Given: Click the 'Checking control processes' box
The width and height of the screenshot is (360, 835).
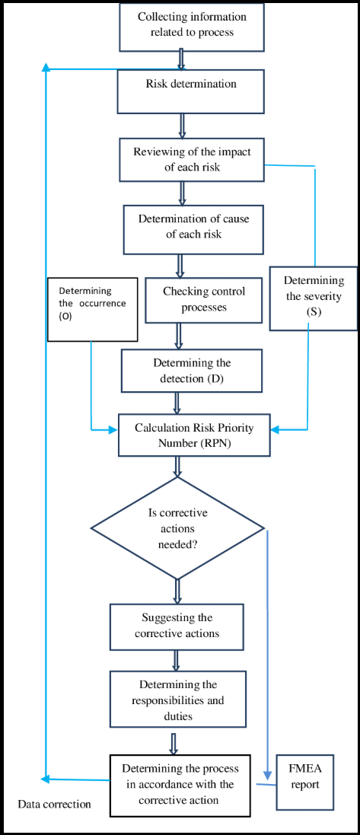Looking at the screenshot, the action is tap(203, 300).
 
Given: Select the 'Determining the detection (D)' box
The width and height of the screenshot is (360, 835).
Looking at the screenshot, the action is tap(192, 370).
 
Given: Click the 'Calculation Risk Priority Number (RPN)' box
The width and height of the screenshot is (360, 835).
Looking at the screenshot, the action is tap(192, 435).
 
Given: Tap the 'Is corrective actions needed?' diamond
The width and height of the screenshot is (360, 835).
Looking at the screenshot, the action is tap(177, 528).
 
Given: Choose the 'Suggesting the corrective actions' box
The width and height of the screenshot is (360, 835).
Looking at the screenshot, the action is tap(177, 626).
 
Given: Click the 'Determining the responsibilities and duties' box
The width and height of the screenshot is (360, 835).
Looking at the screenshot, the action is tap(178, 699).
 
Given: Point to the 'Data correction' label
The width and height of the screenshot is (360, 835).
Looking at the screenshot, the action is tap(55, 804).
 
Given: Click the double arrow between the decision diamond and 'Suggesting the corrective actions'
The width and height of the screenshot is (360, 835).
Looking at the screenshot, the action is tap(177, 591).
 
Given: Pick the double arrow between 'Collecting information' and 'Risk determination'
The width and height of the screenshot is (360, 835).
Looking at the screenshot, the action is tap(182, 59).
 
